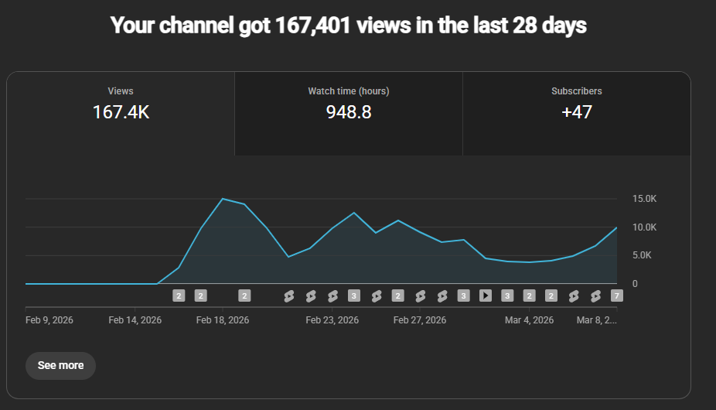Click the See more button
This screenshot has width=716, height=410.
click(60, 365)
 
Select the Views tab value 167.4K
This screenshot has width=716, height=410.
click(121, 112)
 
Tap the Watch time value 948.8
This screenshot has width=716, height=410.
click(349, 112)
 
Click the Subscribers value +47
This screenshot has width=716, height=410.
click(577, 112)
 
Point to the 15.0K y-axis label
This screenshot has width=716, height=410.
click(644, 199)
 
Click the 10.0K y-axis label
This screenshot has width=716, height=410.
click(644, 227)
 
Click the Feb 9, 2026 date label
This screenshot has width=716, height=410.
click(49, 319)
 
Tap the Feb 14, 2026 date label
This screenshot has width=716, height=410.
click(135, 319)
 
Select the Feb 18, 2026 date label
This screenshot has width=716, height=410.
click(223, 319)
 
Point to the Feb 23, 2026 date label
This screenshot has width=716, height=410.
click(332, 319)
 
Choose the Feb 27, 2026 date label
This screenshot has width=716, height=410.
click(420, 319)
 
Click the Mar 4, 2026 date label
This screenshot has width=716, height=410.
click(530, 319)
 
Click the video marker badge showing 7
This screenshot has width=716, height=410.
click(617, 296)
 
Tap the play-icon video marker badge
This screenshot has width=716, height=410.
click(486, 296)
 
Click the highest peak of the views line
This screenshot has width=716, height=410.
click(223, 199)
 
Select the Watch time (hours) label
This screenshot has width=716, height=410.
click(349, 91)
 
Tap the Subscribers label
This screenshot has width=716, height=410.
click(577, 91)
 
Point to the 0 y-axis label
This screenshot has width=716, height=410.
click(635, 284)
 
